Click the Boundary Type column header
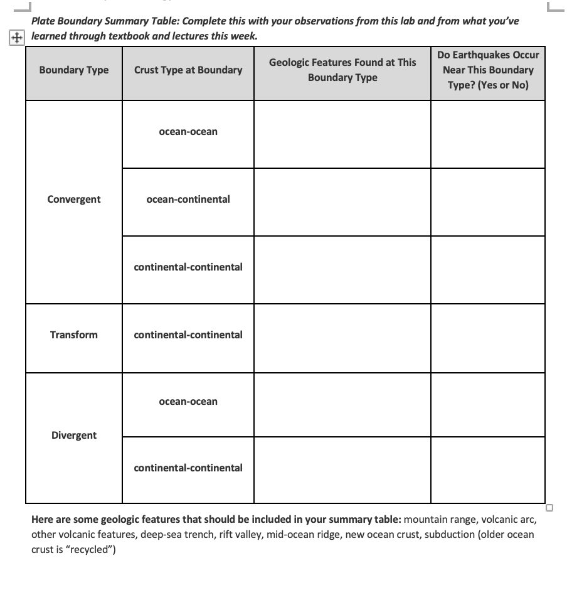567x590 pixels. coord(73,70)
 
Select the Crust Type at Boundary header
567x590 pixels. coord(188,70)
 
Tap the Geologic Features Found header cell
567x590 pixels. coord(342,70)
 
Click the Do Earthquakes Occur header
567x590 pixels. coord(488,70)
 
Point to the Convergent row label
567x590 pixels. coord(73,200)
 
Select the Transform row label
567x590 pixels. coord(73,335)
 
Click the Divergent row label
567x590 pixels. coord(73,436)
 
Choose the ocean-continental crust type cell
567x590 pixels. coord(188,200)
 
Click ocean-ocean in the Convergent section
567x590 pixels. coord(188,132)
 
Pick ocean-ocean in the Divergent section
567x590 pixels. coord(188,402)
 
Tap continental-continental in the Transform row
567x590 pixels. coord(188,335)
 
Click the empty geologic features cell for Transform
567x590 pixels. coord(342,338)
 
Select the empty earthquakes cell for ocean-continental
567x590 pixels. coord(488,202)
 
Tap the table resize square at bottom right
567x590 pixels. coord(549,507)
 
